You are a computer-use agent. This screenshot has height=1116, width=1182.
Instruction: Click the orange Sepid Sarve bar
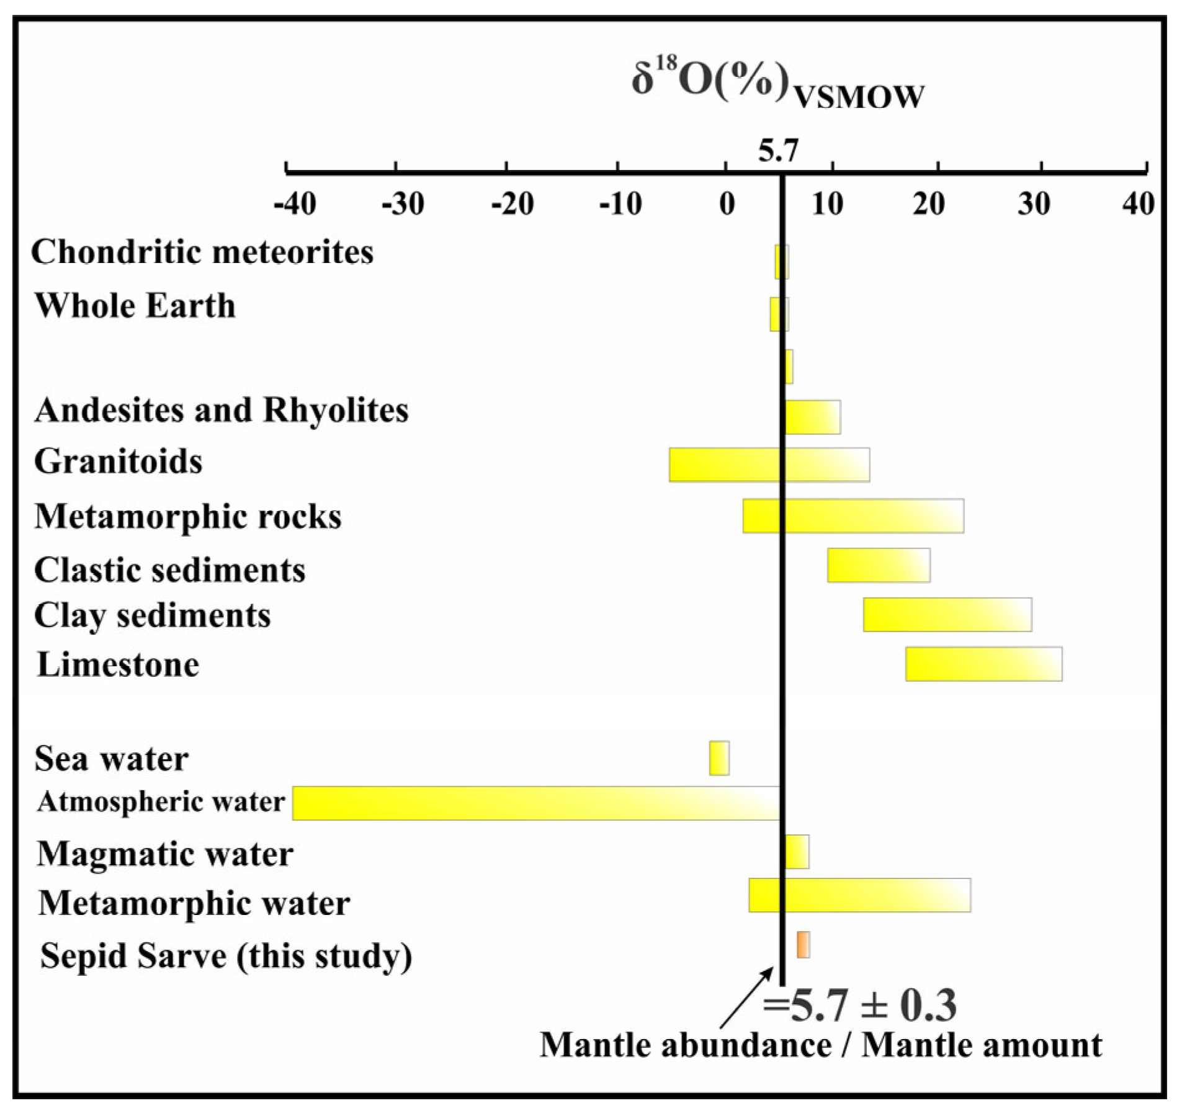[x=803, y=945]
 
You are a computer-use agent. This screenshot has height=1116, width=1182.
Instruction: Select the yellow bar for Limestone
[x=983, y=664]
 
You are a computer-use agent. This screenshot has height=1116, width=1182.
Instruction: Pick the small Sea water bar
[x=719, y=758]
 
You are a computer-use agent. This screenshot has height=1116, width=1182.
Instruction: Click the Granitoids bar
[x=769, y=465]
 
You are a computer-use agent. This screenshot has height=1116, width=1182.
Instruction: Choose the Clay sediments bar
[x=947, y=615]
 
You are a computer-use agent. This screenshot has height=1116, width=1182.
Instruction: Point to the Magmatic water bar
[x=797, y=852]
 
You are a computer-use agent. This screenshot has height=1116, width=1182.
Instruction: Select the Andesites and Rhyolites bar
[x=813, y=417]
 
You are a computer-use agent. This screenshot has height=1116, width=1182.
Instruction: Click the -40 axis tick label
[x=295, y=203]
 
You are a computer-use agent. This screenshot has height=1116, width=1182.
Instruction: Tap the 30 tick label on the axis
[x=1034, y=203]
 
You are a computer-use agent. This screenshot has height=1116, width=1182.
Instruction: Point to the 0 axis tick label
[x=727, y=203]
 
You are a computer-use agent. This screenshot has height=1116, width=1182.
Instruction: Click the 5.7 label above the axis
[x=778, y=151]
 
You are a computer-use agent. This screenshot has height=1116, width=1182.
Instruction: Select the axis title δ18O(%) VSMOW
[x=777, y=84]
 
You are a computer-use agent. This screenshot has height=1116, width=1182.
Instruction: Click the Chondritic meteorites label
[x=202, y=252]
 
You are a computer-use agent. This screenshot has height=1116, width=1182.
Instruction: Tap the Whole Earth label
[x=135, y=305]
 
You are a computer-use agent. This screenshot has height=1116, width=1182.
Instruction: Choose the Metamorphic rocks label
[x=188, y=516]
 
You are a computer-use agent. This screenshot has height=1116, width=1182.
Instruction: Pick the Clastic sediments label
[x=169, y=569]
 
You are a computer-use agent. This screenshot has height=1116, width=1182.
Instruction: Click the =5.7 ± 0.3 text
[x=859, y=1006]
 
